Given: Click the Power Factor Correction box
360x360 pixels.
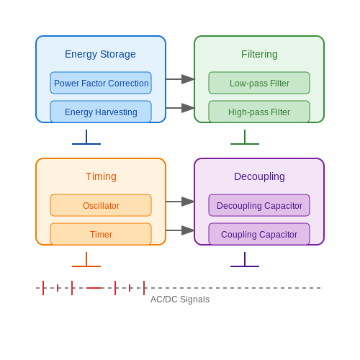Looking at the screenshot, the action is click(101, 83).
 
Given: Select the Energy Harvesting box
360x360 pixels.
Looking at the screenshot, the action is click(101, 112).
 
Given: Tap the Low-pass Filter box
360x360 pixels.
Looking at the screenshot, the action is click(259, 83).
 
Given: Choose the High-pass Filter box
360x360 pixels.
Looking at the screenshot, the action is click(259, 112).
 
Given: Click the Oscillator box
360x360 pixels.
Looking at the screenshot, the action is click(101, 205).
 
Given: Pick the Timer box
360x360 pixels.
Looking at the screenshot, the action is click(101, 234).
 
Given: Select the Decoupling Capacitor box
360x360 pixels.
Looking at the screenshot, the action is click(259, 205).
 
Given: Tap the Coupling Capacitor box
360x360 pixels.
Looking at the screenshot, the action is click(259, 234).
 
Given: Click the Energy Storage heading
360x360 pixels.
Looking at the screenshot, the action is click(100, 54).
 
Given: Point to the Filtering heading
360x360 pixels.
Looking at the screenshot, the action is click(259, 54).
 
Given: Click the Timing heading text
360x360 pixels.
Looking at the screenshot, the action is click(101, 176).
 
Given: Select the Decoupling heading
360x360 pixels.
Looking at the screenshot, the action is click(259, 176).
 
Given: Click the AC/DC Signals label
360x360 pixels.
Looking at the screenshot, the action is click(180, 300).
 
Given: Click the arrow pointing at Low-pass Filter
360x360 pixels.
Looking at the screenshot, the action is click(180, 79).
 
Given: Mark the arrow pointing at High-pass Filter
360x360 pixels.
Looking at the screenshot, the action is click(180, 108).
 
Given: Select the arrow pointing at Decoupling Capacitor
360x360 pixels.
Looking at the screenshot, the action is click(180, 202).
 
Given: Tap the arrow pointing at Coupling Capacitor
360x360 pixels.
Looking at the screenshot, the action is click(180, 230).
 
